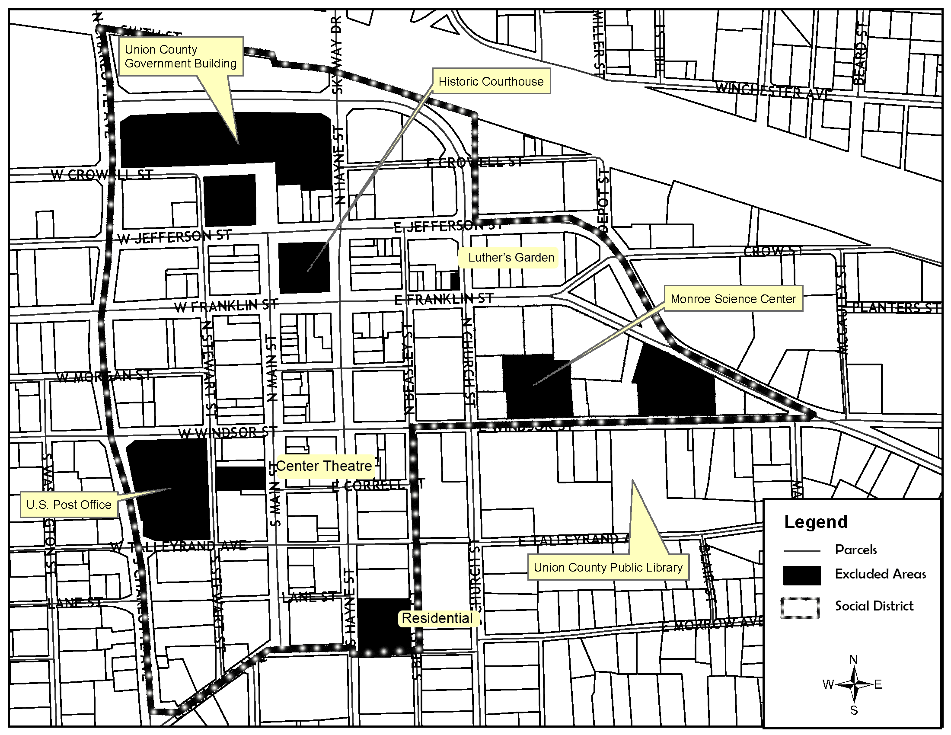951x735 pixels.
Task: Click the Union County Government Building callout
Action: tap(180, 56)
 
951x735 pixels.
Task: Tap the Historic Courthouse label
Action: tap(491, 81)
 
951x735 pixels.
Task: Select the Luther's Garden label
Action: tap(511, 257)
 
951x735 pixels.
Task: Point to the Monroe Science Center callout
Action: tap(733, 299)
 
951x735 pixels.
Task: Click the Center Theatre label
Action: tap(324, 466)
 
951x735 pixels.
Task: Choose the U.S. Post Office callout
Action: tap(69, 505)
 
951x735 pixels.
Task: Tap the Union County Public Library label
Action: tap(608, 567)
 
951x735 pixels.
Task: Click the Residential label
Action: tap(437, 618)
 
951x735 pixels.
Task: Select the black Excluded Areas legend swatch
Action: tap(801, 575)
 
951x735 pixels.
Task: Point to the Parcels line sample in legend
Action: tap(801, 551)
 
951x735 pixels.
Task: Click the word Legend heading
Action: tap(816, 522)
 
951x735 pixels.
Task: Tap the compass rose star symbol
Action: tap(853, 685)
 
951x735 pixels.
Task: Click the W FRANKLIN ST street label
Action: tap(226, 306)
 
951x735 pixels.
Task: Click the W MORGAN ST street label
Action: tap(104, 376)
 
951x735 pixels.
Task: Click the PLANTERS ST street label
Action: tap(896, 307)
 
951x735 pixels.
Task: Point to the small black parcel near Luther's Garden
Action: tap(455, 281)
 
